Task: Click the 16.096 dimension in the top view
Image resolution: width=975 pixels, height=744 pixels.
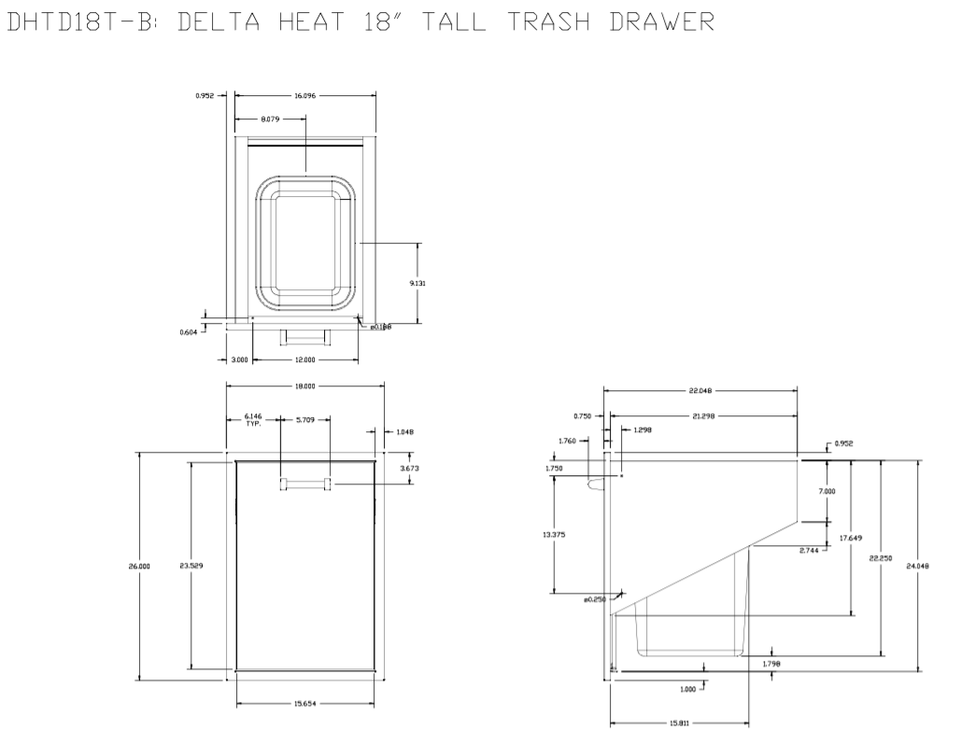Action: tap(306, 95)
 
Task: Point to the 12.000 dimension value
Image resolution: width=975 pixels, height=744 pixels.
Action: tap(305, 359)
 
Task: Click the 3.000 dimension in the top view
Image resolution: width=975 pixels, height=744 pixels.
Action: tap(239, 359)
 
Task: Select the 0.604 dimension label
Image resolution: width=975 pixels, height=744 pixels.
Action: tap(187, 330)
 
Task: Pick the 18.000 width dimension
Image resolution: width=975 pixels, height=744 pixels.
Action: tap(305, 386)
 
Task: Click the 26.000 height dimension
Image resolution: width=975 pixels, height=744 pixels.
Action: tap(139, 566)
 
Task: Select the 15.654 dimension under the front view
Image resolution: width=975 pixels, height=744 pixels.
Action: tap(305, 705)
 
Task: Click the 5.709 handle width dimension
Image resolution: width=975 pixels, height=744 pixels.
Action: tap(304, 420)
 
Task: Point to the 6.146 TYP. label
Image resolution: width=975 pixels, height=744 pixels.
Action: tap(253, 419)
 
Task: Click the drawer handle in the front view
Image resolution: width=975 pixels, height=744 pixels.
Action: tap(304, 484)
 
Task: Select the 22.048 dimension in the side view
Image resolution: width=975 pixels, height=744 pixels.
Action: tap(701, 391)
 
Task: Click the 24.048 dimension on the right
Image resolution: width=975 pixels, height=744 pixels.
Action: tap(918, 565)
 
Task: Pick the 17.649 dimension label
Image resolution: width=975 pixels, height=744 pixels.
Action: tap(850, 538)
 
